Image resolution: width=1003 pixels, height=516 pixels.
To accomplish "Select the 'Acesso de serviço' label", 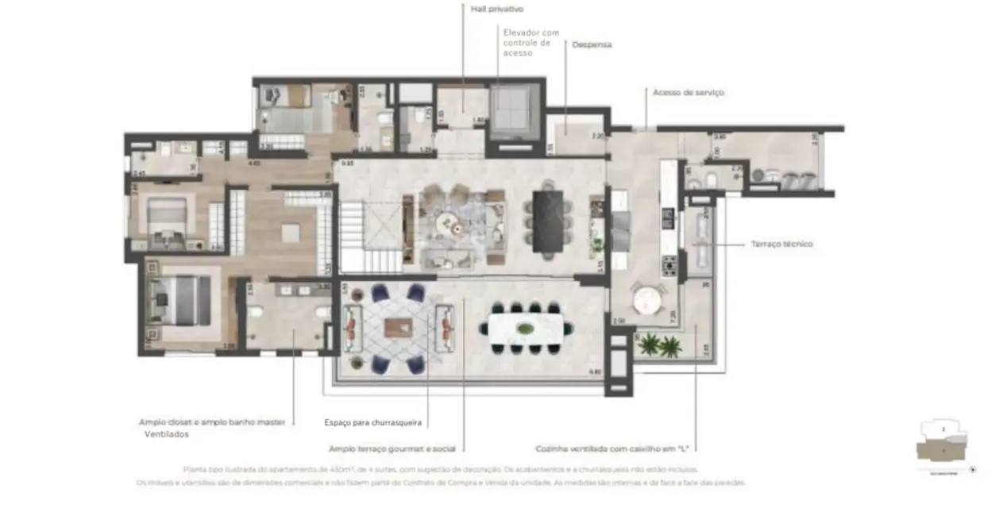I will (x=688, y=93).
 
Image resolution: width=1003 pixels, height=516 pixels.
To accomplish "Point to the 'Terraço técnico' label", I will (x=781, y=245).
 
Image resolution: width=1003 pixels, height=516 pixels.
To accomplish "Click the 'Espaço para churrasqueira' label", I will (x=372, y=422).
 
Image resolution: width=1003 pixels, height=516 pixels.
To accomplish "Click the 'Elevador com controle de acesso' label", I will (x=530, y=42).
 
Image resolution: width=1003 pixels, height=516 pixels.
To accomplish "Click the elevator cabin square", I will (x=513, y=110).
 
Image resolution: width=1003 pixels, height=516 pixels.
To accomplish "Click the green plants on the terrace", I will (x=660, y=345).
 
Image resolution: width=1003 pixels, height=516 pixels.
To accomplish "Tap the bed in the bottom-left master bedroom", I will (x=183, y=301).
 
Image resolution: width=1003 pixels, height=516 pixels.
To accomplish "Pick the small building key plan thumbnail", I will (x=942, y=447).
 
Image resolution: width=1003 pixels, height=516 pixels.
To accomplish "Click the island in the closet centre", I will (x=290, y=233).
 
